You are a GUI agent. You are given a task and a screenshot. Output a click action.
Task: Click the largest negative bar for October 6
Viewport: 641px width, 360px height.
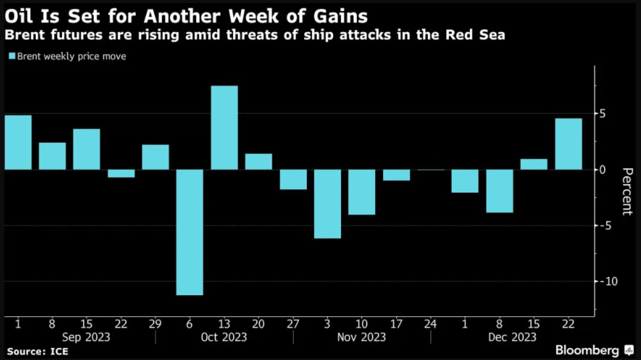[189, 232]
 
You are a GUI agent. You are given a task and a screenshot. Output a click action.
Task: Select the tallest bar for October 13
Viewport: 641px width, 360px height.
[224, 128]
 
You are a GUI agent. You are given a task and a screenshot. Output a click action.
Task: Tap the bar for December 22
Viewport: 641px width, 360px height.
[568, 144]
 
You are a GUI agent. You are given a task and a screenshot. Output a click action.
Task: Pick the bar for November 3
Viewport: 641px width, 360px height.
[327, 204]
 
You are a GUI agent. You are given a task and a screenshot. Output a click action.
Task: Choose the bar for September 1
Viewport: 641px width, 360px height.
[18, 142]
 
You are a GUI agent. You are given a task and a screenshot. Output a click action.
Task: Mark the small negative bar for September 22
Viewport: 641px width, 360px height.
[121, 174]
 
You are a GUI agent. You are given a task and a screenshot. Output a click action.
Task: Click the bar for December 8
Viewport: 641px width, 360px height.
[499, 191]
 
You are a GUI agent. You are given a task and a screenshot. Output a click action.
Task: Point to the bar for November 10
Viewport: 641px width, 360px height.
[362, 192]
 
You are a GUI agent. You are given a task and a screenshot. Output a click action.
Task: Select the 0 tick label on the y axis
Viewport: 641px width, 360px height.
[603, 169]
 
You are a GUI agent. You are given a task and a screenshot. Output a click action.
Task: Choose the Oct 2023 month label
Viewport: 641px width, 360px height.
[224, 337]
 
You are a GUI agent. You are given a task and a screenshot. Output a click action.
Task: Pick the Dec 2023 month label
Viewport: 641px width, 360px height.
[499, 337]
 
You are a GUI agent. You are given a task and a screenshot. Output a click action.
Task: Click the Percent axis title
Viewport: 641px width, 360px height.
[626, 191]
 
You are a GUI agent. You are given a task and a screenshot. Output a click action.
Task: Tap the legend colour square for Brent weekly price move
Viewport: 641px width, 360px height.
[12, 56]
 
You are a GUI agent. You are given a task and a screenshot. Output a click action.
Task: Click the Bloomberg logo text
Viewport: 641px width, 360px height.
[588, 350]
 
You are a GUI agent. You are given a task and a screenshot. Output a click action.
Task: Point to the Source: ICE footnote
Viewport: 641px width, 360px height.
[37, 351]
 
